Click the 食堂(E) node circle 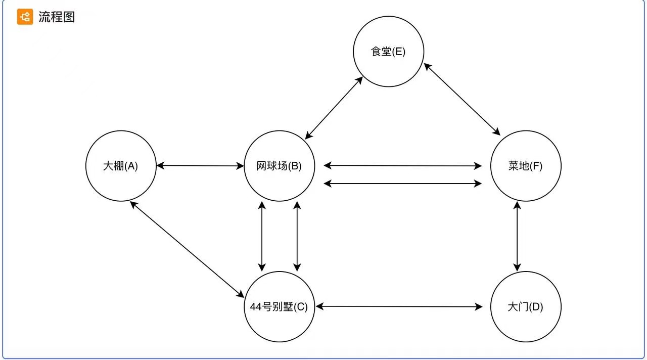tap(388, 52)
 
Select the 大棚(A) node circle tap(120, 166)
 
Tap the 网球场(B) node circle tap(279, 166)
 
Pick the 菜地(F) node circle tap(526, 166)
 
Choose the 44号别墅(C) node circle tap(279, 306)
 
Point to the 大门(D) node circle tap(526, 306)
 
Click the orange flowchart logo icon tap(25, 17)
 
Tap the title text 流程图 tap(57, 17)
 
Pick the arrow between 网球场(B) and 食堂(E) tap(334, 108)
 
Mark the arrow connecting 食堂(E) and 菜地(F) tap(461, 99)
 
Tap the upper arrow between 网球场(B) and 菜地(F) tap(403, 165)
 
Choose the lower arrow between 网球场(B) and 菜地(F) tap(403, 184)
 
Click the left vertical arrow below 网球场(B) tap(262, 236)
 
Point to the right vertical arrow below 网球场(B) tap(297, 236)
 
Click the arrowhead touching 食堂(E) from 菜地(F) tap(427, 66)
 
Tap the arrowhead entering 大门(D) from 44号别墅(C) tap(479, 306)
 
